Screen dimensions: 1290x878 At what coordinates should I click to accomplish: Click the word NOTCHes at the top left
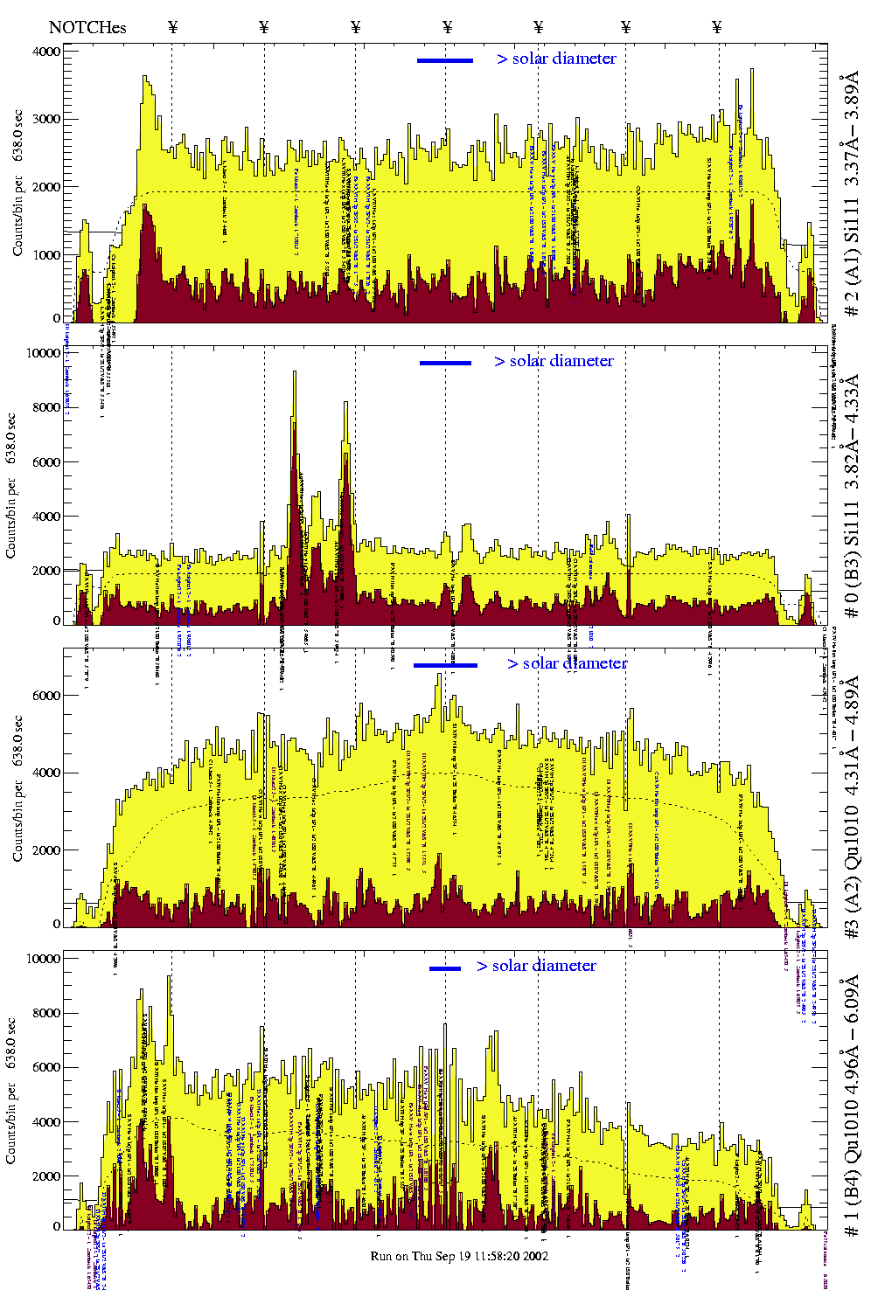click(x=87, y=27)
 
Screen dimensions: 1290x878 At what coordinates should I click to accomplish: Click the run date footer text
click(x=459, y=1256)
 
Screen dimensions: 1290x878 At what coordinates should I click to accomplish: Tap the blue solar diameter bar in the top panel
click(x=445, y=60)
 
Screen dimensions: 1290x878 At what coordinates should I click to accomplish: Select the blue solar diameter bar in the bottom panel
click(x=445, y=968)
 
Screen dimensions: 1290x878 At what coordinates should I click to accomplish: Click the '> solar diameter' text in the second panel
click(x=554, y=361)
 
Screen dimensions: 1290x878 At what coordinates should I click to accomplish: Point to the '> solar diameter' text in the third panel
click(x=567, y=663)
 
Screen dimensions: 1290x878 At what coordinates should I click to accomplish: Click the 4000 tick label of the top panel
click(x=47, y=52)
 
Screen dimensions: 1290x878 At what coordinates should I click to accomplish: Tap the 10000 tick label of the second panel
click(x=44, y=353)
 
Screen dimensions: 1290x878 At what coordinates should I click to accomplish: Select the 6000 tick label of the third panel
click(x=47, y=696)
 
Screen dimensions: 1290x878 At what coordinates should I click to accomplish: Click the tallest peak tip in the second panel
click(x=295, y=372)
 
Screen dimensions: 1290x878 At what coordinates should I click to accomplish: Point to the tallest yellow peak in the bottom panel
click(x=169, y=977)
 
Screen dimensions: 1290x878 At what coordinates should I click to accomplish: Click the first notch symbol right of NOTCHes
click(x=172, y=27)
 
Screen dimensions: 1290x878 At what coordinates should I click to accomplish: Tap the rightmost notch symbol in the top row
click(x=717, y=27)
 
